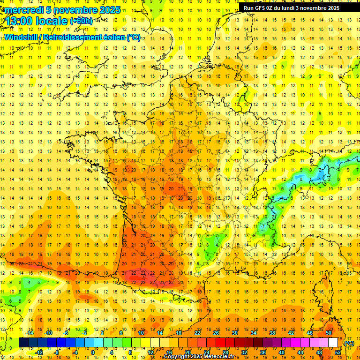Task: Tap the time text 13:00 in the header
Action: (22, 21)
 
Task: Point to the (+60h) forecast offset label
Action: (81, 21)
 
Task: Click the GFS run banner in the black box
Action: (295, 8)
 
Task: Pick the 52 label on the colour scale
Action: (338, 352)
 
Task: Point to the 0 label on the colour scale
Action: (93, 352)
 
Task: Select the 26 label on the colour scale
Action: (216, 333)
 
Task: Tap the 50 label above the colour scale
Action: (328, 333)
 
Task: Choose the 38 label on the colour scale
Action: (272, 333)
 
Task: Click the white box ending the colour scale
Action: (333, 343)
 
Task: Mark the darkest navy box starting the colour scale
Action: (23, 343)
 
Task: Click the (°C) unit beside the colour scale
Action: (349, 343)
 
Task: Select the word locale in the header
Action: (52, 21)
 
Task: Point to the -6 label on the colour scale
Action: (66, 333)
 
